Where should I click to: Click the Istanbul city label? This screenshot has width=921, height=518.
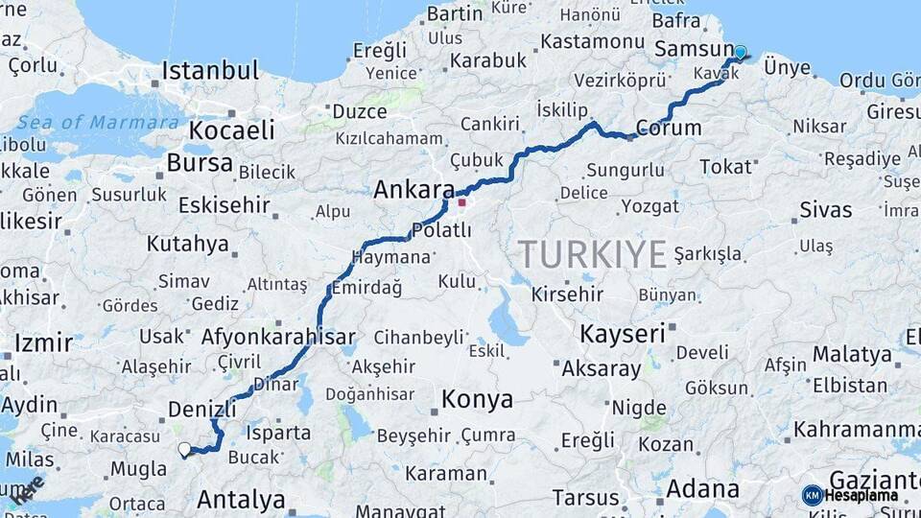[210, 71]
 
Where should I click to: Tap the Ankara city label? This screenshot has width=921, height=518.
[413, 189]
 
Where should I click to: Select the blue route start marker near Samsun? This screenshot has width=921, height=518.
[740, 52]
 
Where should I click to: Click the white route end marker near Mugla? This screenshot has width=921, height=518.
[184, 448]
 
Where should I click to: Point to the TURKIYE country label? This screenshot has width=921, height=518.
[592, 254]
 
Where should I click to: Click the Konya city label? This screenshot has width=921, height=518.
[476, 399]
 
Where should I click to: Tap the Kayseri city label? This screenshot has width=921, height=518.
[622, 335]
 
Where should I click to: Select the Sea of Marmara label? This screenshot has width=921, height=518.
[98, 123]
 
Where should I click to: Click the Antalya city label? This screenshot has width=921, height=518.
[241, 499]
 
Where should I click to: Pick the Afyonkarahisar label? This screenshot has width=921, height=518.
[278, 337]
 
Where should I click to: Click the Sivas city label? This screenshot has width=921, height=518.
[825, 210]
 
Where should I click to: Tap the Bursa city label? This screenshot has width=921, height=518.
[200, 162]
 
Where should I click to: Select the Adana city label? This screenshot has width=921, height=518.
[702, 488]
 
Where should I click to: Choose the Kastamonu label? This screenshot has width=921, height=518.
[591, 42]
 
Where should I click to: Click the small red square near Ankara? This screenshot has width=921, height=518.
[461, 202]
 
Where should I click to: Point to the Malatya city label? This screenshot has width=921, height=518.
[852, 354]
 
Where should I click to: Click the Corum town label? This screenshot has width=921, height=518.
[668, 128]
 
